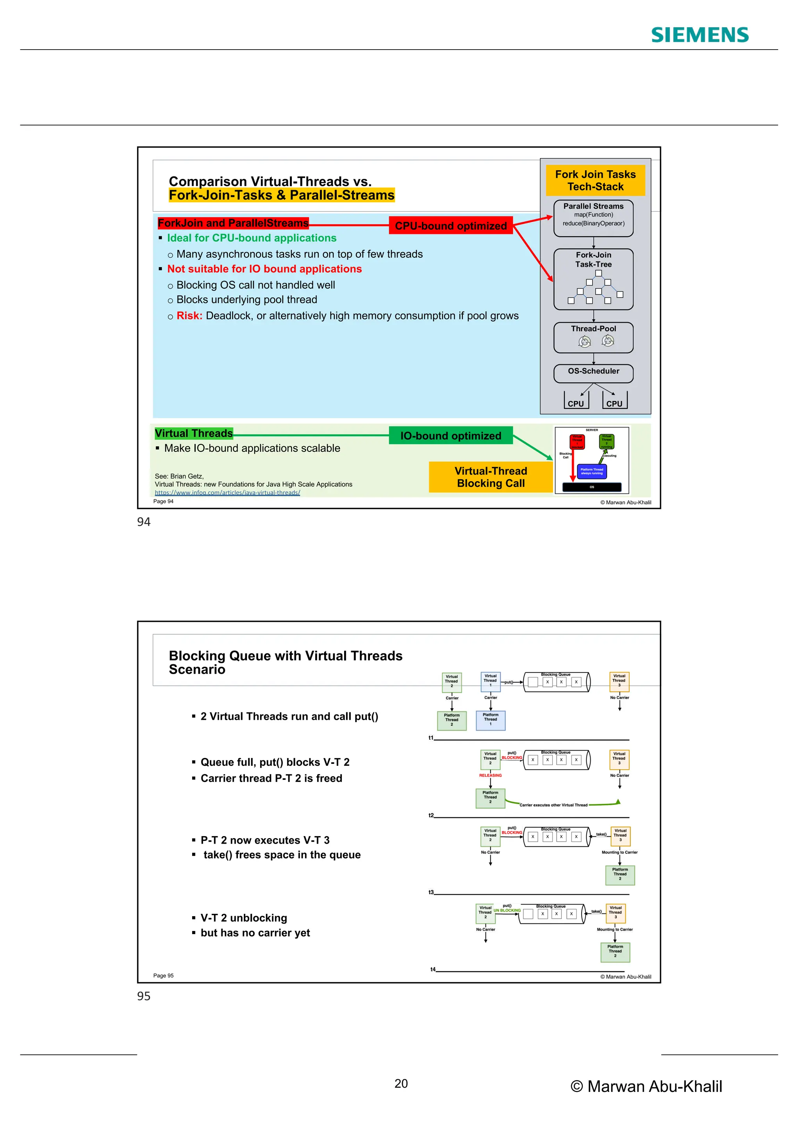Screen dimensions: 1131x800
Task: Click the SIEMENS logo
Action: coord(700,35)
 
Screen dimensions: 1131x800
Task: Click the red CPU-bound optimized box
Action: coord(451,226)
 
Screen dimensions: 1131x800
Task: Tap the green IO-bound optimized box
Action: coord(451,435)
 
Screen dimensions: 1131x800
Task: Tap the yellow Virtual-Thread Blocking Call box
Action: coord(491,477)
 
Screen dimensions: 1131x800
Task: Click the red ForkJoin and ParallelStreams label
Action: coord(233,223)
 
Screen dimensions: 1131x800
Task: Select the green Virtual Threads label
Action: coord(194,433)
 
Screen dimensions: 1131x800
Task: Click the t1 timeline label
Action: coord(431,737)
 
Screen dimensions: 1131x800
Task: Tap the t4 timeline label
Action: coord(433,969)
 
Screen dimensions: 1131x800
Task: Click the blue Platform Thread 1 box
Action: coord(490,720)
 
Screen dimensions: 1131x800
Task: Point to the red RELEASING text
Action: coord(490,775)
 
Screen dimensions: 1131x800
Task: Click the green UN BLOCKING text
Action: coord(507,910)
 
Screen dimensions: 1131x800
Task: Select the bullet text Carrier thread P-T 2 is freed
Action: coord(271,778)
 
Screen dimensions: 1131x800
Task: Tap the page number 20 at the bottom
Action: coord(401,1083)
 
